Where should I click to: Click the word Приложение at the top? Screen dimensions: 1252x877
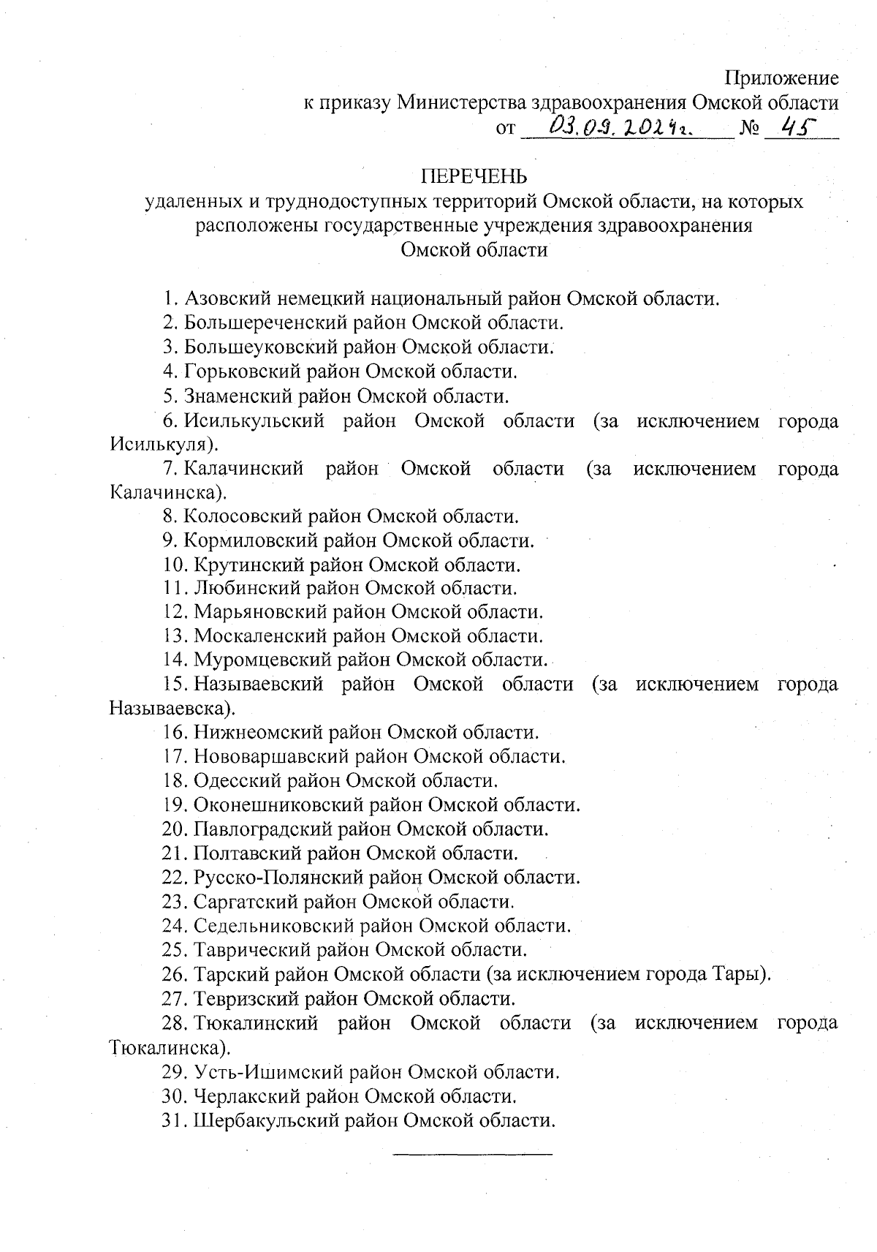(781, 78)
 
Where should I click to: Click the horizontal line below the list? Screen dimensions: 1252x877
(473, 1155)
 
